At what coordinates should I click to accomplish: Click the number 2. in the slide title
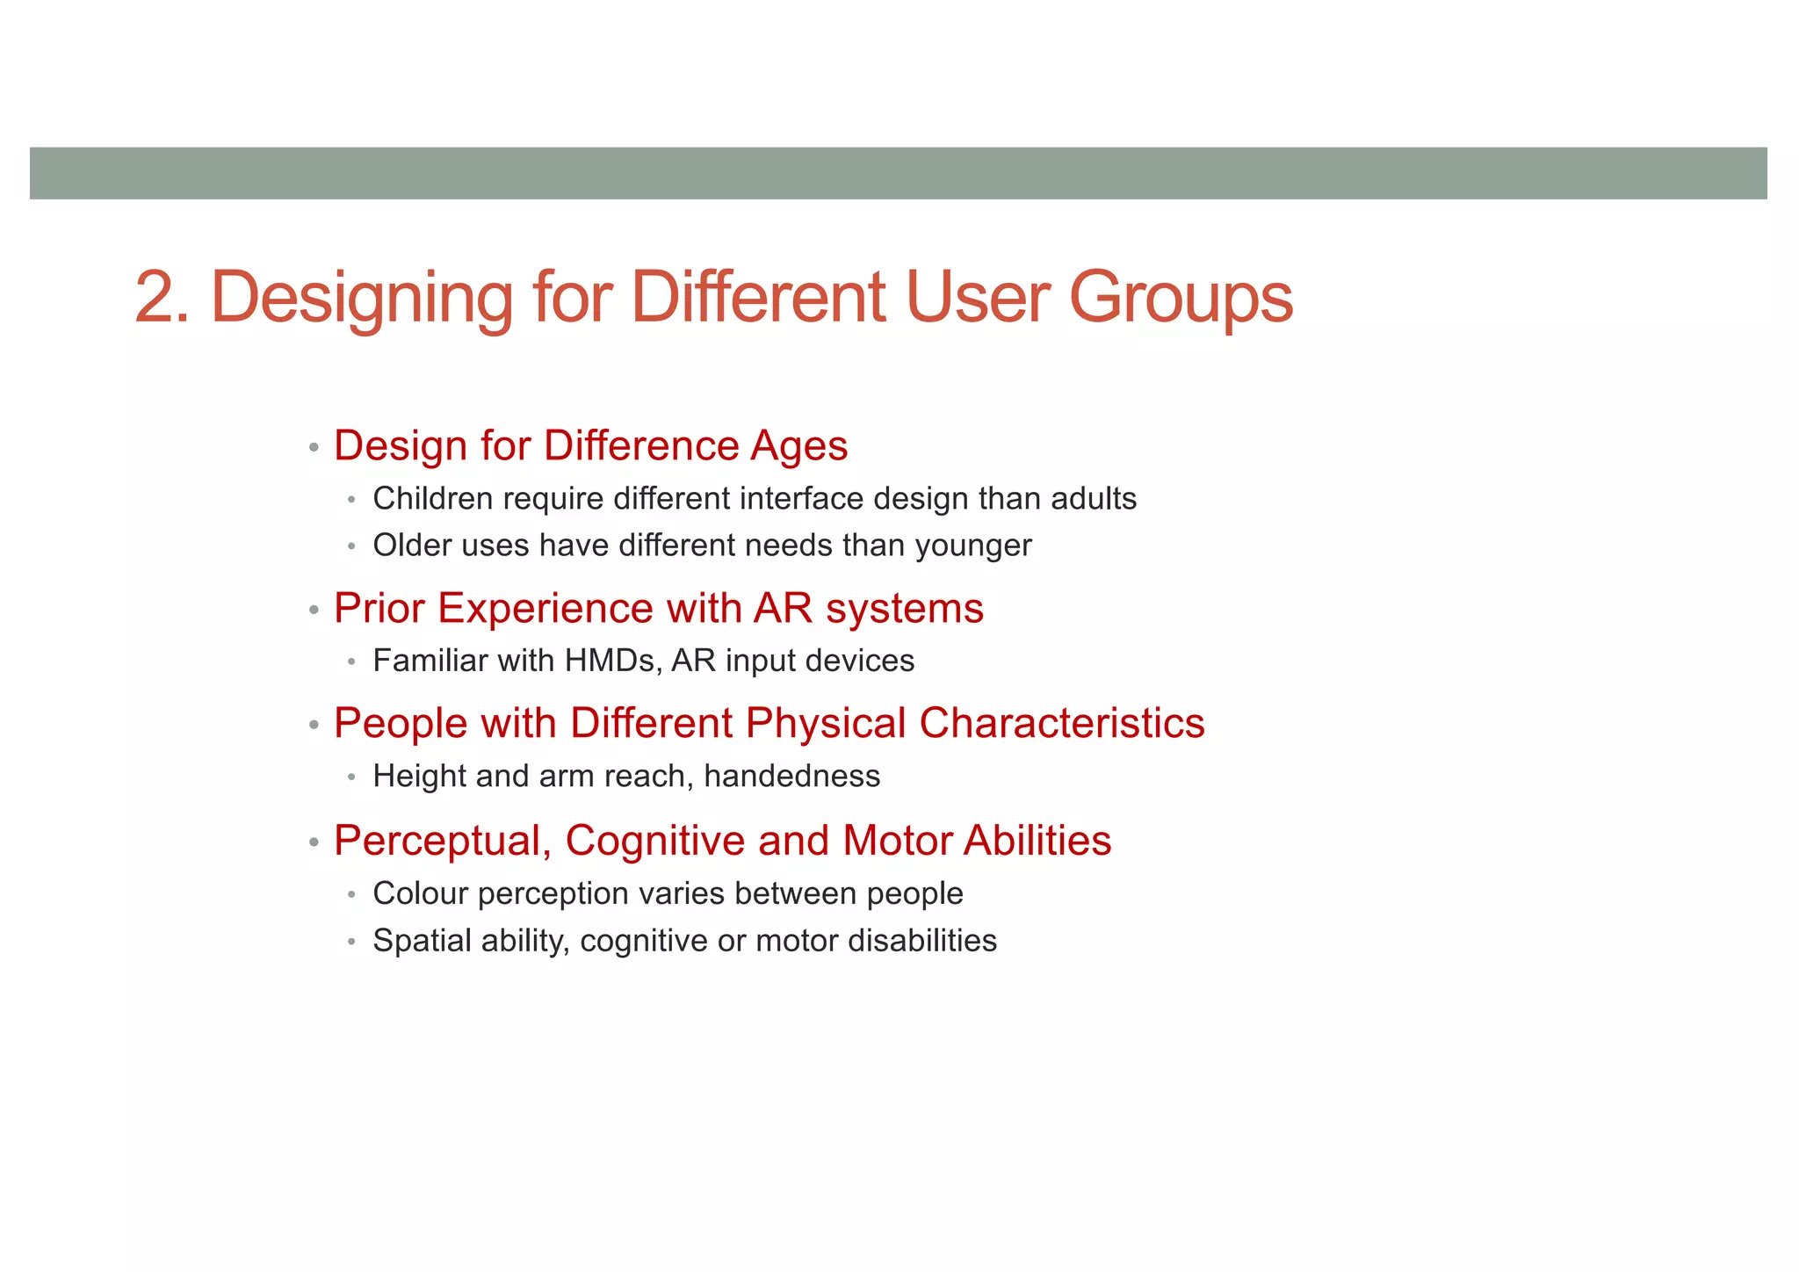[x=162, y=298]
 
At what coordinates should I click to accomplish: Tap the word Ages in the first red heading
[x=798, y=445]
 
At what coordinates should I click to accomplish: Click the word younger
[x=973, y=546]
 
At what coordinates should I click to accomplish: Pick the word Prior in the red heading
[x=379, y=608]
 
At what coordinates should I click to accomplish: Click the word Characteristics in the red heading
[x=1061, y=724]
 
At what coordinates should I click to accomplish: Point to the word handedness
[x=791, y=777]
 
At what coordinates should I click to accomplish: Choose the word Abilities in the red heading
[x=1037, y=841]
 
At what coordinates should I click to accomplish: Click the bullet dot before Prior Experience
[x=314, y=610]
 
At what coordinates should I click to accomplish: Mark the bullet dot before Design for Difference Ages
[x=314, y=447]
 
